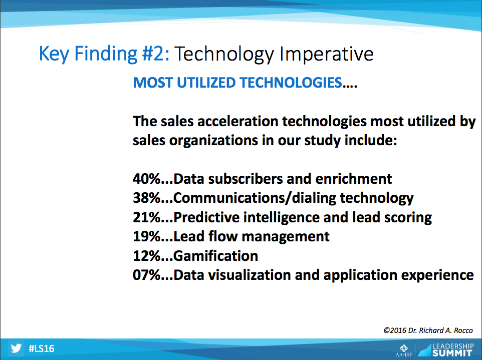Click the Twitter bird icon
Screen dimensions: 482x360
coord(16,348)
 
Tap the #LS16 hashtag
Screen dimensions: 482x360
coord(42,348)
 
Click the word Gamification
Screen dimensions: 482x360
coord(216,256)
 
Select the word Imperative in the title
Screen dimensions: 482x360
coord(327,55)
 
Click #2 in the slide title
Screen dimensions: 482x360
coord(155,54)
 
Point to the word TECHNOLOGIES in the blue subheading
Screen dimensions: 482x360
coord(291,83)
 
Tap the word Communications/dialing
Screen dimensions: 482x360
coord(255,198)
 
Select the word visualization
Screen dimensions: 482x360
coord(250,275)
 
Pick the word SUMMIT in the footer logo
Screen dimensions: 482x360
coord(452,353)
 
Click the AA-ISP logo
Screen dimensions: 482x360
coord(404,350)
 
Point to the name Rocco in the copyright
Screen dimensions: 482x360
coord(463,330)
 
